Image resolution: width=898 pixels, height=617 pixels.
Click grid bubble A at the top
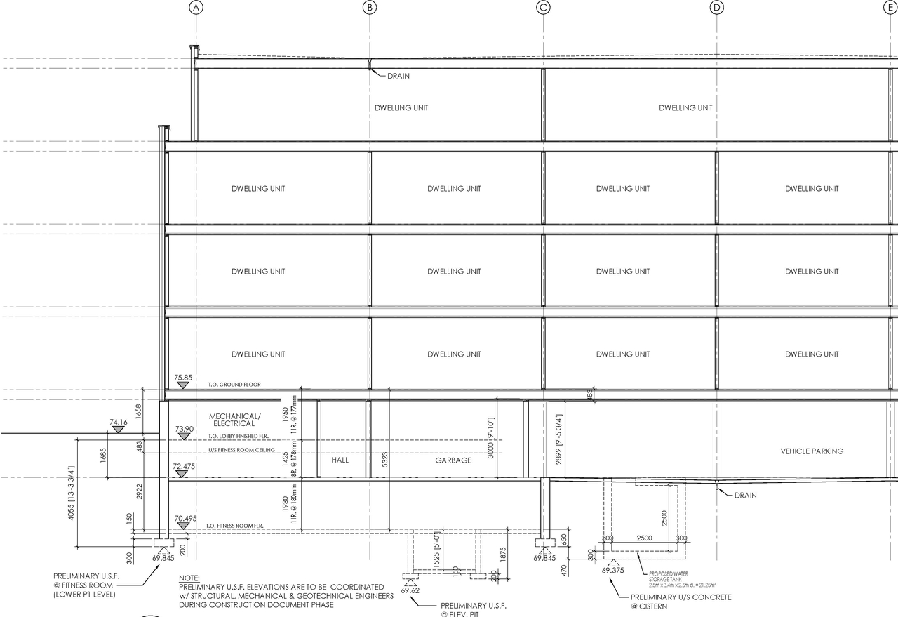click(196, 8)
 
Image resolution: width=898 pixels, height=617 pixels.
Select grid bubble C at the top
click(543, 8)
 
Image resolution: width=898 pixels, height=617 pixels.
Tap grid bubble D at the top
click(716, 8)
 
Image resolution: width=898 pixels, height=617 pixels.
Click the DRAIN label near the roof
click(398, 76)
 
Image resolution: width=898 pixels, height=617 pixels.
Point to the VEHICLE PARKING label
click(812, 451)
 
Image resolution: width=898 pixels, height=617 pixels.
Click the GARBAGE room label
click(453, 460)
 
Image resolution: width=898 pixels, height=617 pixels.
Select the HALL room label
click(340, 460)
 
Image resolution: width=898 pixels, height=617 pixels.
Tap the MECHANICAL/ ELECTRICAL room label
click(234, 420)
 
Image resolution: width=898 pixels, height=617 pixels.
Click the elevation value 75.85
click(183, 378)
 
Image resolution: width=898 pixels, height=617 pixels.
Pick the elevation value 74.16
click(119, 423)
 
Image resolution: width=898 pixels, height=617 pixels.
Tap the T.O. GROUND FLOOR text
click(234, 385)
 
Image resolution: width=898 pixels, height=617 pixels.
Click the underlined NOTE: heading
click(189, 577)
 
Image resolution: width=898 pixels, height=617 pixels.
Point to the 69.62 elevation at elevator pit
click(410, 591)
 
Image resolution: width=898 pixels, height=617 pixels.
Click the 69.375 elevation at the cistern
click(613, 571)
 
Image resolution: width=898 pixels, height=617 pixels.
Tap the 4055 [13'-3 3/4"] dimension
click(72, 492)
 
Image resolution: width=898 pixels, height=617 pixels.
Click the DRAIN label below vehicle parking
click(746, 495)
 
